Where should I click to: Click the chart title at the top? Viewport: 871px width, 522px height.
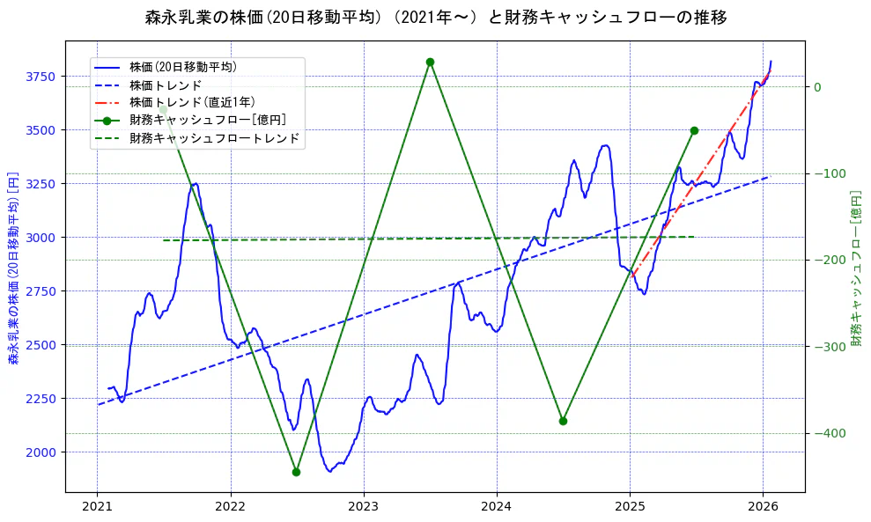click(x=435, y=17)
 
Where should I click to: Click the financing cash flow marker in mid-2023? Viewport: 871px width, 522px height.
click(x=430, y=62)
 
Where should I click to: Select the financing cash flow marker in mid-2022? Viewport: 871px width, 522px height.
click(x=296, y=472)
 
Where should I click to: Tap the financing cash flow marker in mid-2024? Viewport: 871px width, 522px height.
click(x=563, y=421)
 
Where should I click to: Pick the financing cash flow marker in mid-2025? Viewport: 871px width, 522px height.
click(x=694, y=130)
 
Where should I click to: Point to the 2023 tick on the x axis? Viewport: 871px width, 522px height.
click(x=364, y=507)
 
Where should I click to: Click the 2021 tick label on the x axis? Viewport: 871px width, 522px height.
click(x=97, y=507)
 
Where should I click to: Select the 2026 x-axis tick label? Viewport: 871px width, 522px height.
click(x=763, y=507)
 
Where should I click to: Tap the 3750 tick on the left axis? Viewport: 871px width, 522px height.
click(x=41, y=77)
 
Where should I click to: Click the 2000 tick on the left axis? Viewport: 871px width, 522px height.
click(x=41, y=452)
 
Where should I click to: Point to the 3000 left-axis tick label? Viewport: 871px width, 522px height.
click(x=41, y=238)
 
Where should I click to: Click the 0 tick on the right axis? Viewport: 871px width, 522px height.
click(x=817, y=86)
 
